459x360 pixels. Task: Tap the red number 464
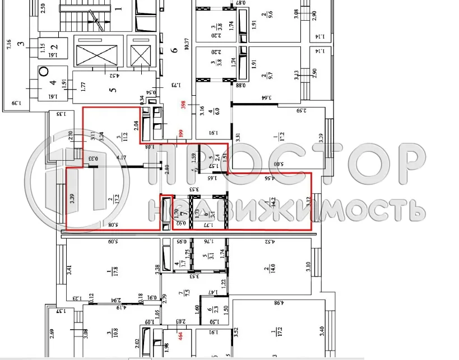181,336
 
